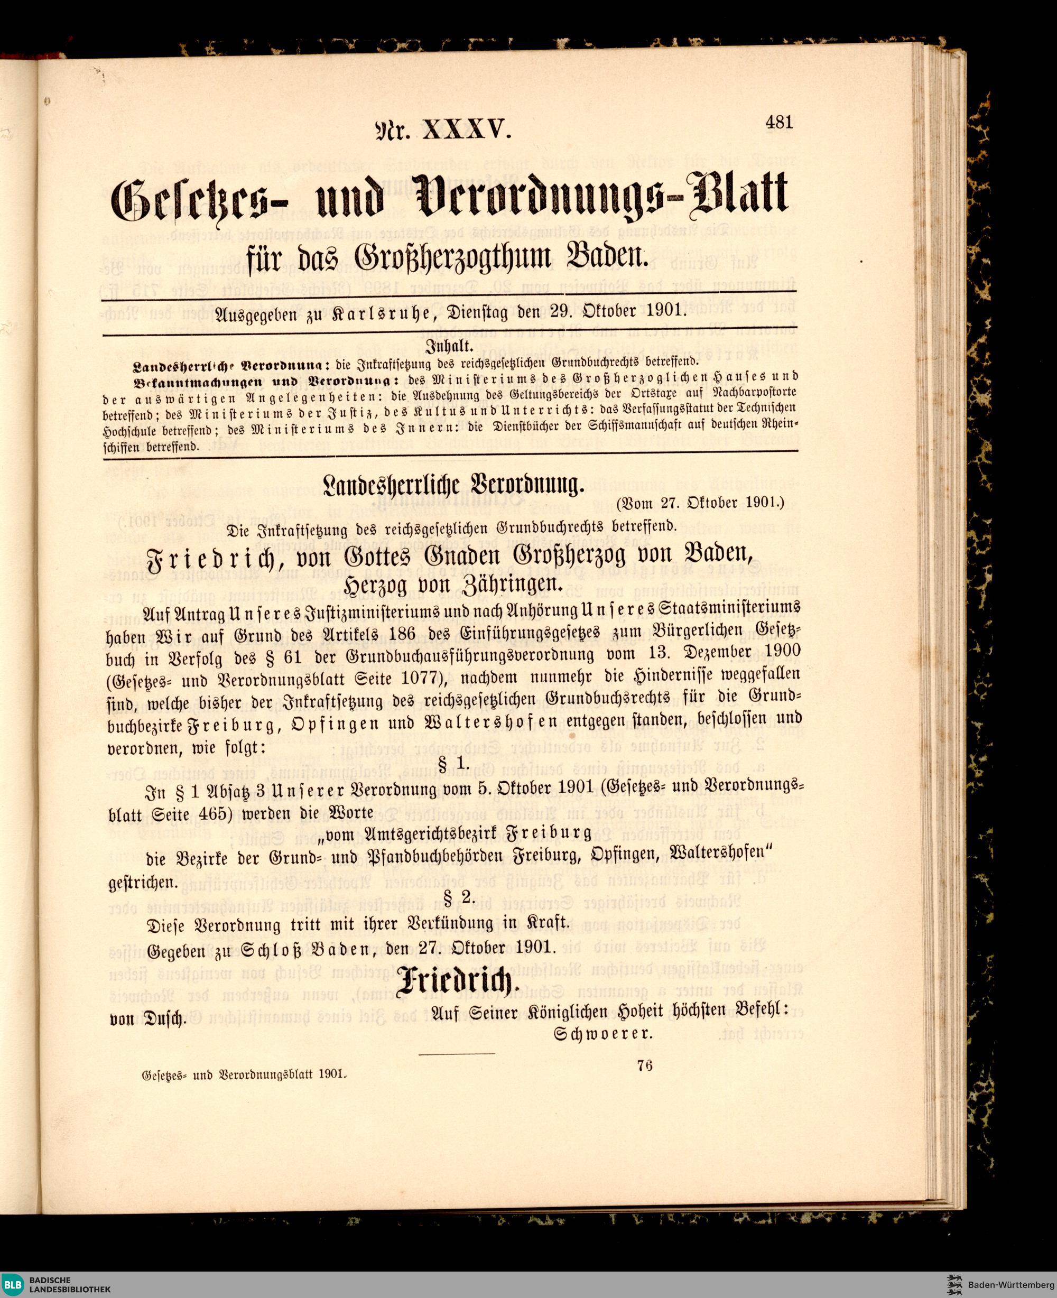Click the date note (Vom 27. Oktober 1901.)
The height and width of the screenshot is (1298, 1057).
click(701, 504)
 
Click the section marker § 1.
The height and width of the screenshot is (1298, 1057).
click(453, 762)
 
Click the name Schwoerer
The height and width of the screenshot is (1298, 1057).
click(604, 1034)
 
